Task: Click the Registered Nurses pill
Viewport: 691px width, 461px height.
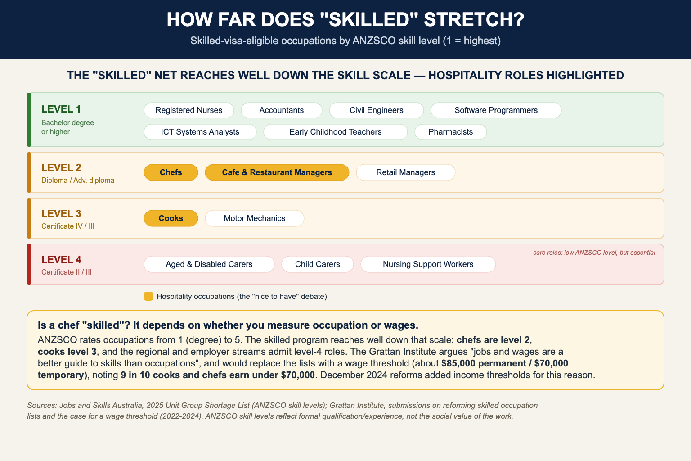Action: point(189,110)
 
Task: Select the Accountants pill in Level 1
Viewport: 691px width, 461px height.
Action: point(281,110)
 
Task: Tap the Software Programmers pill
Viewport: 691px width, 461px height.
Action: point(496,110)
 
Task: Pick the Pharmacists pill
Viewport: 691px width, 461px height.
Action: point(451,132)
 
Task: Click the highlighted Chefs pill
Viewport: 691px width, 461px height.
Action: point(171,172)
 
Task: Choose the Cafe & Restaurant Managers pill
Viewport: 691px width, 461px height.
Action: point(277,172)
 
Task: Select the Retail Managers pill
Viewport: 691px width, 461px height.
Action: point(406,172)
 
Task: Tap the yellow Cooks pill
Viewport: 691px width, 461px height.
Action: point(171,218)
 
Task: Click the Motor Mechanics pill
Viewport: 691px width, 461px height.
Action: point(255,218)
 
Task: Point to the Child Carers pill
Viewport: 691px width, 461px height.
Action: point(318,264)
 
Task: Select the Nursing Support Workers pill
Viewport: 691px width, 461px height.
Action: point(428,264)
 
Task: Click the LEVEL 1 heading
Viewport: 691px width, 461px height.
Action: point(61,109)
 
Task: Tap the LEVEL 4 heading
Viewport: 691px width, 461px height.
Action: point(61,259)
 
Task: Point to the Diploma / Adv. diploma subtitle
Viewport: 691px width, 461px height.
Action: point(78,181)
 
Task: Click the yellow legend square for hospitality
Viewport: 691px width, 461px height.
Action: point(148,296)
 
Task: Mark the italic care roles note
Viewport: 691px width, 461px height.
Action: point(594,253)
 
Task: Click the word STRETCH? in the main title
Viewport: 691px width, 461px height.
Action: point(474,20)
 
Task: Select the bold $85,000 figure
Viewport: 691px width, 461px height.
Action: point(458,363)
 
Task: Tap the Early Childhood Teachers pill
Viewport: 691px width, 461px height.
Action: point(335,132)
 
